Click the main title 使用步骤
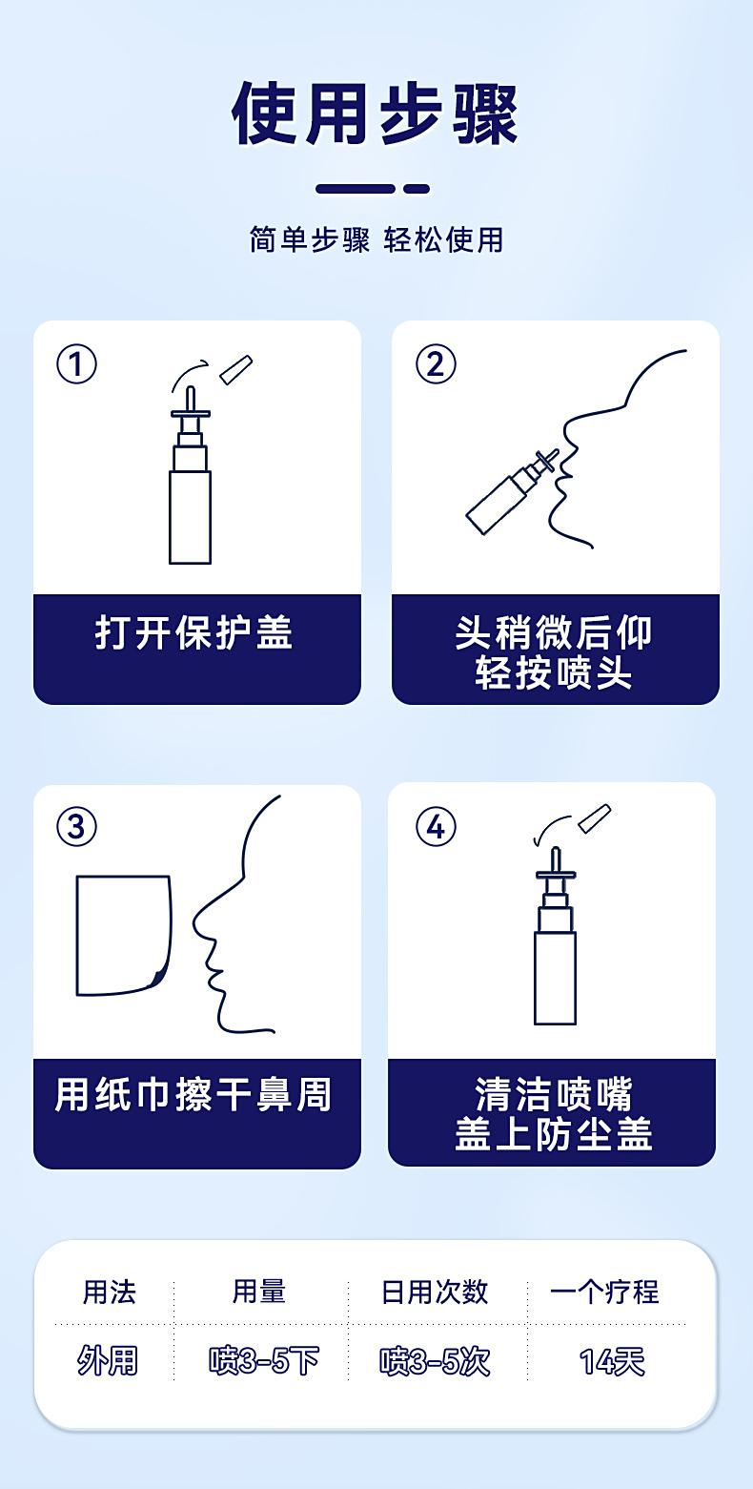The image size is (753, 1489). [x=376, y=114]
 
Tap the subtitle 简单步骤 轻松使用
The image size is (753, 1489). [x=376, y=239]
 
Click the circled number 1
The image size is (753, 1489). [x=77, y=363]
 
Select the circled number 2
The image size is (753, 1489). [x=436, y=363]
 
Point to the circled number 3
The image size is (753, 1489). [x=77, y=826]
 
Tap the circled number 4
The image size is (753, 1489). [x=436, y=826]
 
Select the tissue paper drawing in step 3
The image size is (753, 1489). [x=122, y=935]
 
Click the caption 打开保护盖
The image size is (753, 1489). [x=194, y=632]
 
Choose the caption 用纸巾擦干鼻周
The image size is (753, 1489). [x=194, y=1094]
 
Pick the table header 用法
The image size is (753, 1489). [x=109, y=1292]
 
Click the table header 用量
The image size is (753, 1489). [x=259, y=1292]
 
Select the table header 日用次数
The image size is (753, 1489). [x=435, y=1292]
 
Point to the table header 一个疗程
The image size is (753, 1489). [x=604, y=1292]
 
